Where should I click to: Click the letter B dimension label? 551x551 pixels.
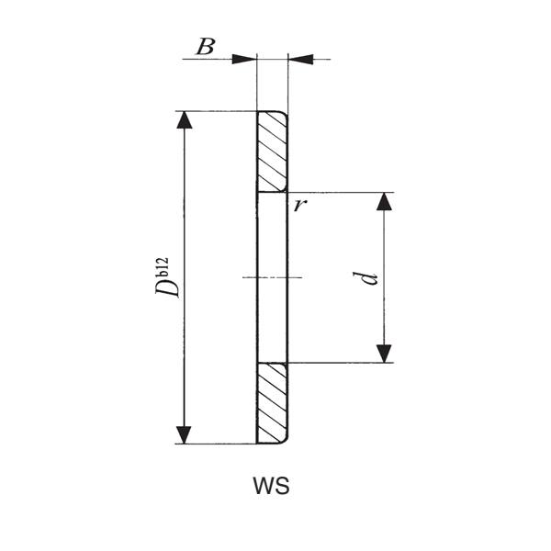click(x=206, y=47)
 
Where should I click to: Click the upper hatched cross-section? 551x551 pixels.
click(x=273, y=152)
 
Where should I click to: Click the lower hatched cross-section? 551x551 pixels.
click(x=273, y=403)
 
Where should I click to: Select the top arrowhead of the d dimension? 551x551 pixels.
click(x=384, y=203)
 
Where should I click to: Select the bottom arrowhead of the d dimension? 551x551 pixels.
click(x=384, y=352)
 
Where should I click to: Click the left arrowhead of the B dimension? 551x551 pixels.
click(x=244, y=59)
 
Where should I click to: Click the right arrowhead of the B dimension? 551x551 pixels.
click(x=300, y=59)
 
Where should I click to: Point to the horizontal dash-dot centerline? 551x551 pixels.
click(x=272, y=277)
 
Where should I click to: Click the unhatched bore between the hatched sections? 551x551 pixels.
click(x=273, y=239)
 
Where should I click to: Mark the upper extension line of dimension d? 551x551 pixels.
click(x=340, y=193)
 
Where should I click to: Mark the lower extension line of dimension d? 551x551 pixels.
click(x=340, y=363)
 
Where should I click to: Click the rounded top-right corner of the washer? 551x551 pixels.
click(x=285, y=116)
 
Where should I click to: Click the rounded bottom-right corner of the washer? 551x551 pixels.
click(x=285, y=440)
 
